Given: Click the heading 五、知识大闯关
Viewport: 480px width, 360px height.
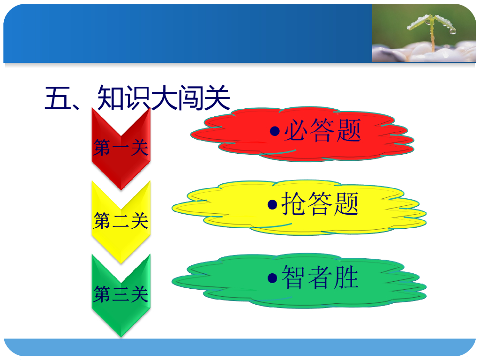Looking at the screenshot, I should (137, 97).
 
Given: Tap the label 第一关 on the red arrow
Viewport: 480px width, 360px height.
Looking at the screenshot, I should (121, 148).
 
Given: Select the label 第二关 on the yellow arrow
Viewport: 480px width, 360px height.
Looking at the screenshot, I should (121, 220).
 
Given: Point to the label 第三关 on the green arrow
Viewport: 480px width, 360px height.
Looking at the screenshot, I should (121, 294).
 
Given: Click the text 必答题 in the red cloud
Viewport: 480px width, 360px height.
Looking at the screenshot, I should (323, 131).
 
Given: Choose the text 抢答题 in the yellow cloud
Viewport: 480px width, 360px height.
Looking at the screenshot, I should (320, 204).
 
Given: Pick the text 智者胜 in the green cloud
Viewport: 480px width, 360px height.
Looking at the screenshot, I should (320, 277).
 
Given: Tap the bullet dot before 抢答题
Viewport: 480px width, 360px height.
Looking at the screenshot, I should (272, 205).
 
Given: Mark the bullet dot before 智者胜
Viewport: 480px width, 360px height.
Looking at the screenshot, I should (272, 278).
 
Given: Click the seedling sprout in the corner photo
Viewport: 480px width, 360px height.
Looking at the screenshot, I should (432, 28).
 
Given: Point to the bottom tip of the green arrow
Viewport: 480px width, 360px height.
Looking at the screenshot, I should (121, 335).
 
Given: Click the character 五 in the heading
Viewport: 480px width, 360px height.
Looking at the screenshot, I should (56, 97).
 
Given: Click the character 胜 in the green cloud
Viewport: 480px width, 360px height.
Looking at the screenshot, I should (346, 277).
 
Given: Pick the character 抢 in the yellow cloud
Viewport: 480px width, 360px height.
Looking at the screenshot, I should (294, 204).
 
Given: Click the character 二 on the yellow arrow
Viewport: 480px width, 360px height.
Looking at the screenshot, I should (121, 220).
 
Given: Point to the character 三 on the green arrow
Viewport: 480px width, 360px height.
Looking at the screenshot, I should (121, 294).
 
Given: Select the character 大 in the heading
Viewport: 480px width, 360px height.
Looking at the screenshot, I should (164, 97).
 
